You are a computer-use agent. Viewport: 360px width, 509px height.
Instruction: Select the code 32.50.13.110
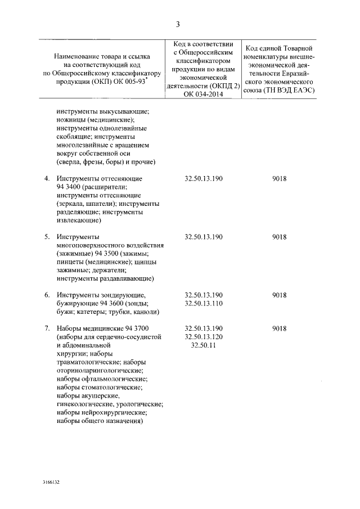pos(204,304)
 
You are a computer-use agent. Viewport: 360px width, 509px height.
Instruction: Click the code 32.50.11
pos(204,345)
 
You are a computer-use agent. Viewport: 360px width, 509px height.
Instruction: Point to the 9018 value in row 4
pos(279,178)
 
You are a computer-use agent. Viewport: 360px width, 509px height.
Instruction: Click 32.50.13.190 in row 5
pos(204,237)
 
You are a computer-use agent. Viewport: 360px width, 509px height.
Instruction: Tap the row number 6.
pos(47,295)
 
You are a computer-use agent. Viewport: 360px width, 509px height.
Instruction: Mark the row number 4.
pos(47,178)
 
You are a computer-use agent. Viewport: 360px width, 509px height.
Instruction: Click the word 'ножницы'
pos(73,120)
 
